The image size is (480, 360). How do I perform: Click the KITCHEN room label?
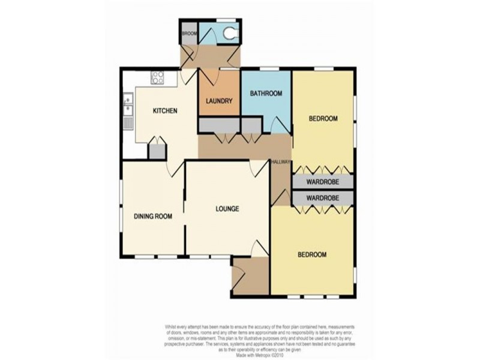(164, 110)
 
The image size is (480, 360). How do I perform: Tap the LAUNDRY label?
(218, 101)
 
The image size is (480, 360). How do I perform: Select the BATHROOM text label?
(266, 94)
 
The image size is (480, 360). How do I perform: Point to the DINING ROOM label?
(153, 216)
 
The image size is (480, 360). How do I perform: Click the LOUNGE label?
(227, 209)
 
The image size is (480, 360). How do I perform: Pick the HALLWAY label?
(281, 162)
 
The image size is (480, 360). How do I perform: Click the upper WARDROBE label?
(323, 182)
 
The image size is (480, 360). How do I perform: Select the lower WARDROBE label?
(323, 197)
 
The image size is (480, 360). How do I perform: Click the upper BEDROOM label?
(323, 118)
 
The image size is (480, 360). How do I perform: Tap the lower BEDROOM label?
(312, 254)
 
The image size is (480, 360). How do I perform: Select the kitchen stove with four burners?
(158, 77)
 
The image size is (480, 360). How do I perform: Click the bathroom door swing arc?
(277, 125)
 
